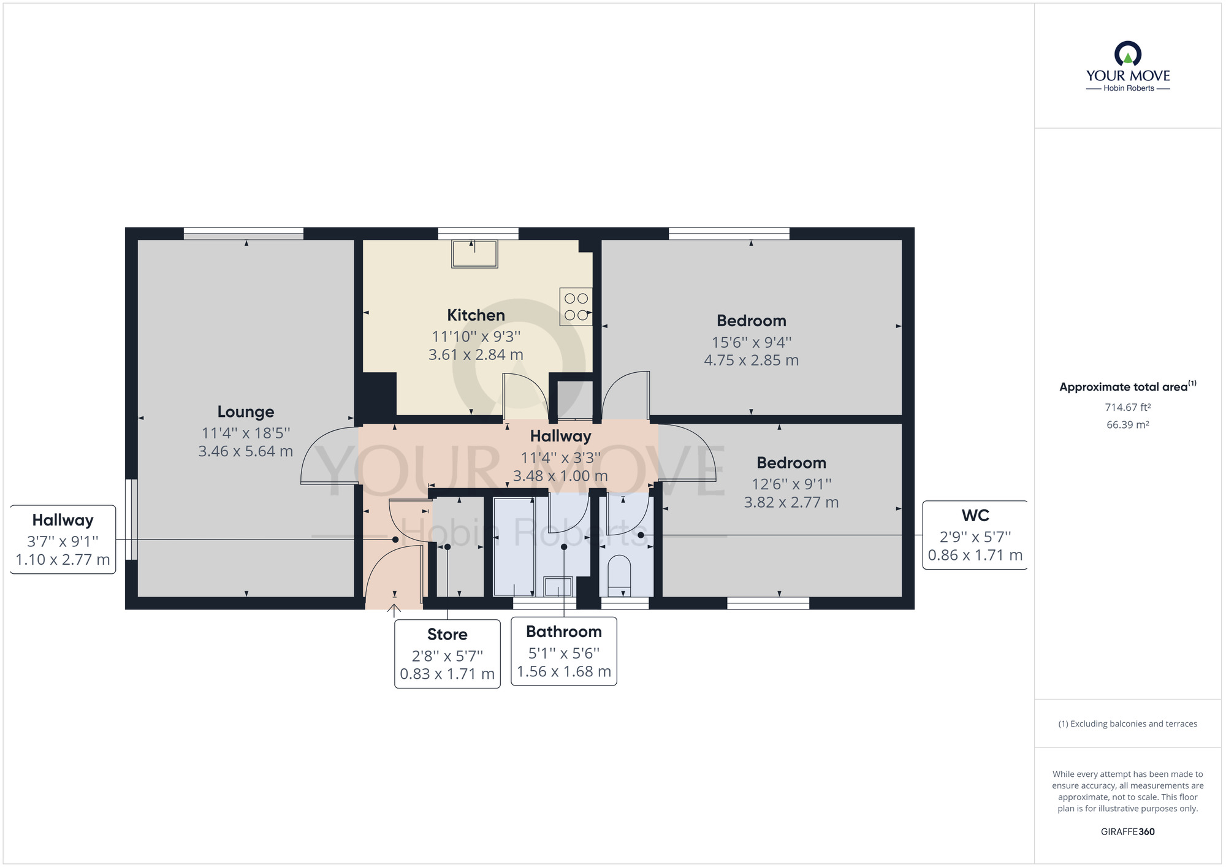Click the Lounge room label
click(246, 412)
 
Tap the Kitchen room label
click(476, 315)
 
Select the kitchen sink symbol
click(474, 254)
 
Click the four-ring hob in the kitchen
click(576, 307)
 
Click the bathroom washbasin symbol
click(558, 587)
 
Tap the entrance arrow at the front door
click(394, 611)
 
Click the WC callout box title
click(975, 516)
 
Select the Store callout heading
click(447, 635)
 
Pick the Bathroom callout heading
click(564, 632)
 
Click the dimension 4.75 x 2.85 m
click(752, 361)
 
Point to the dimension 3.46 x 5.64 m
click(246, 451)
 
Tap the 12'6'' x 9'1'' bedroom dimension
click(791, 484)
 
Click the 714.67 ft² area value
click(1128, 407)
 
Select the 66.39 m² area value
click(1128, 424)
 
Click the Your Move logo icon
click(1128, 54)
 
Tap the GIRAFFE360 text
click(1128, 832)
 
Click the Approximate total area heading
click(1128, 386)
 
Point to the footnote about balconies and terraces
click(1128, 724)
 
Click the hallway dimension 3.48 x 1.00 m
click(561, 476)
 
